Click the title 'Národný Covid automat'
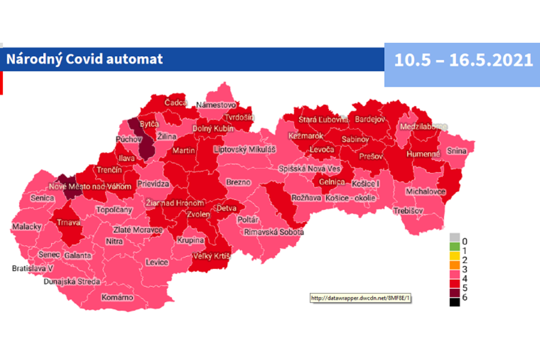[x=84, y=59]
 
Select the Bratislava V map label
[x=32, y=269]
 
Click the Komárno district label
[x=117, y=297]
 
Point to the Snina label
[x=456, y=151]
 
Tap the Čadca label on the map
[x=175, y=103]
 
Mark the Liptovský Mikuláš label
[x=245, y=149]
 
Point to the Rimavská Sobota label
[x=274, y=232]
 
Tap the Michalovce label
[x=425, y=192]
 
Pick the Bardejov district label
[x=370, y=119]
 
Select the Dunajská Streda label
[x=72, y=282]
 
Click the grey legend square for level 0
[x=454, y=238]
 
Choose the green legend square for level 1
[x=454, y=247]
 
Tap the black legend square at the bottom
[x=454, y=302]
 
